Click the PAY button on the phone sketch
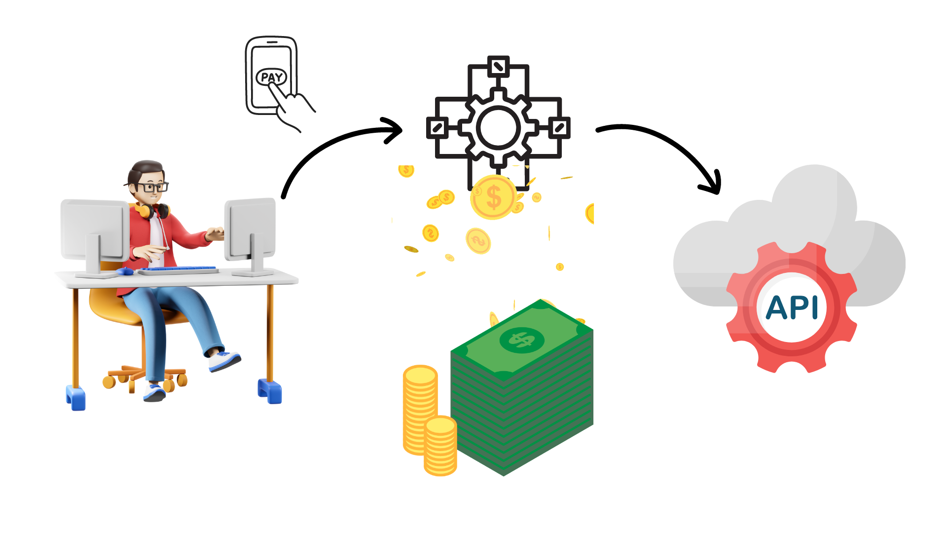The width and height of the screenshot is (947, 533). pos(271,77)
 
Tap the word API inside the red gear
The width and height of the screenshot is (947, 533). pos(792,307)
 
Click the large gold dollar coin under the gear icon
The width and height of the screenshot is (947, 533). pos(493,197)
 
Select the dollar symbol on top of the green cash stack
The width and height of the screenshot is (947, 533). pos(521,340)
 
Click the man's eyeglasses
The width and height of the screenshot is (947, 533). pos(150,187)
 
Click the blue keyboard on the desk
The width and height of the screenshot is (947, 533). pos(179,269)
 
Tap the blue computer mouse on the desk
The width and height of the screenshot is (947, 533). pos(125,271)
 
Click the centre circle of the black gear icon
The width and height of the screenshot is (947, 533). pos(498,128)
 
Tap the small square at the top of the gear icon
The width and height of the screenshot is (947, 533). pos(498,66)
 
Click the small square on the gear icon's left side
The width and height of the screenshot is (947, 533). pos(437,128)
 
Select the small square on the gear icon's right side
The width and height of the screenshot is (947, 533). pos(559,128)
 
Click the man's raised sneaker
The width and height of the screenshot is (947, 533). pos(224,360)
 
